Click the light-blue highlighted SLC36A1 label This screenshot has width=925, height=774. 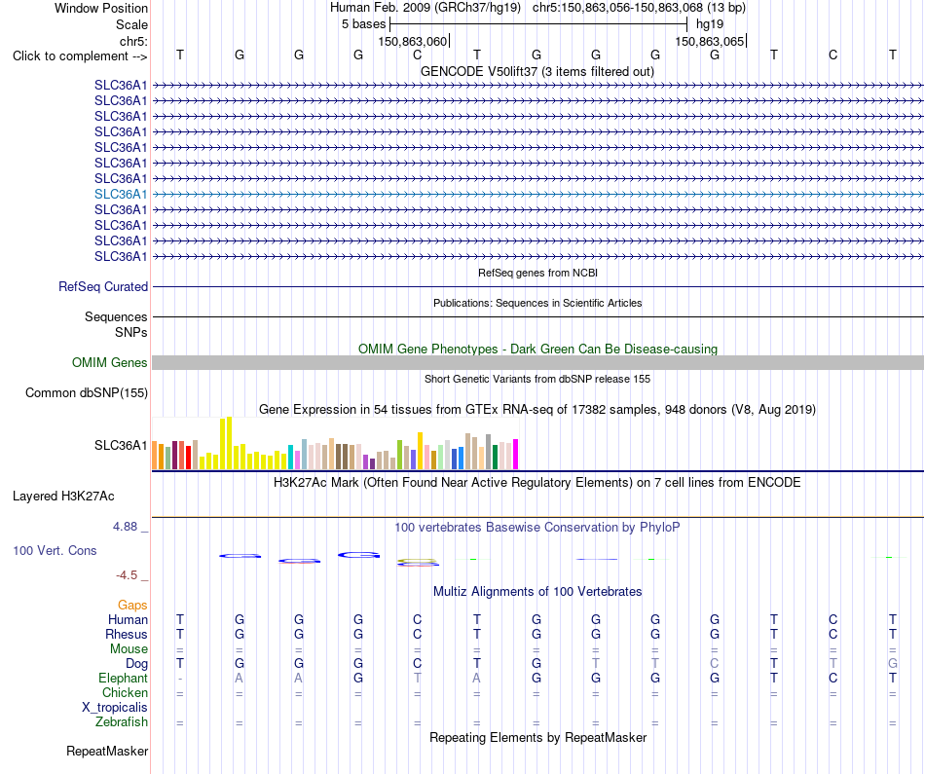(x=121, y=194)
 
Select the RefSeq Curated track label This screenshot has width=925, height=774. (x=102, y=286)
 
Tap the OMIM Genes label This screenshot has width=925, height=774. (x=109, y=363)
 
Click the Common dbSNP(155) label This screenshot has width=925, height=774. (x=86, y=393)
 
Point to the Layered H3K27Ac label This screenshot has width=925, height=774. (x=63, y=497)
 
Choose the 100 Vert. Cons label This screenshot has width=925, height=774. (x=55, y=550)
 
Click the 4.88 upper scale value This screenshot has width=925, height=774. (x=125, y=527)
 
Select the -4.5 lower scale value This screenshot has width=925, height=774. (x=127, y=575)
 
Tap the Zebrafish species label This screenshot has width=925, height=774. (x=122, y=722)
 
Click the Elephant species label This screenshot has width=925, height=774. (x=123, y=679)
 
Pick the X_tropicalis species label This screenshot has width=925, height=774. (x=115, y=708)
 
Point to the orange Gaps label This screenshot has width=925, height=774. (x=132, y=606)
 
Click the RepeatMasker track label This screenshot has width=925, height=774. (x=107, y=751)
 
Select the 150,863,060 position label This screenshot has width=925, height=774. (x=413, y=41)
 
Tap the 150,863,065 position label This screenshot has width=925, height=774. (x=709, y=41)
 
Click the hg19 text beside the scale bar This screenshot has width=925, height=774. (x=709, y=24)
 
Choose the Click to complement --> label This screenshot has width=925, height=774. (x=80, y=56)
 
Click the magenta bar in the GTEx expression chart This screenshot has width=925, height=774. (x=516, y=455)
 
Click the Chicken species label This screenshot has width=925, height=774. (x=125, y=692)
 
